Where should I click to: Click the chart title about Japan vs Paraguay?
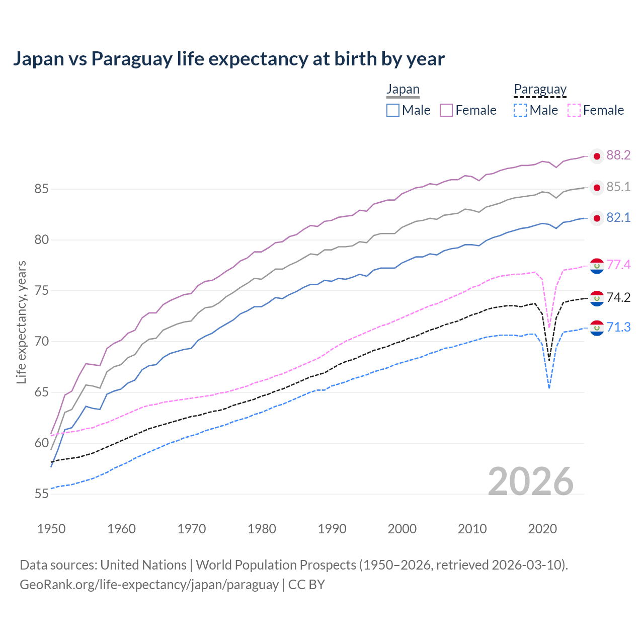[x=228, y=59]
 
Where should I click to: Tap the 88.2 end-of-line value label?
[x=618, y=155]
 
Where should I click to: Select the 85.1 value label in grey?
[x=618, y=187]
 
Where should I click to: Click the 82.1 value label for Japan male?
[x=618, y=218]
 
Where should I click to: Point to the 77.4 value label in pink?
[x=618, y=265]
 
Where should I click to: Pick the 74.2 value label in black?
[x=618, y=297]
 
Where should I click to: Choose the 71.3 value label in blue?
[x=618, y=328]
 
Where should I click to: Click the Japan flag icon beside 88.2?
[x=597, y=156]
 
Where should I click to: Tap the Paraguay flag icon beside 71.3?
[x=597, y=329]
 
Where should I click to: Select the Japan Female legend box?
[x=446, y=110]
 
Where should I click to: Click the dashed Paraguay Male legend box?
[x=520, y=110]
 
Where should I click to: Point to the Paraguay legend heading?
[x=540, y=90]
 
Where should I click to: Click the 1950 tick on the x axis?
[x=51, y=529]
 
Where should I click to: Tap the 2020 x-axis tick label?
[x=542, y=529]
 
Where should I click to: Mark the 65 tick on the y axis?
[x=41, y=392]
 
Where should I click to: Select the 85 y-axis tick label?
[x=41, y=189]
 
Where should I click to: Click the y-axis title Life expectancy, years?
[x=21, y=322]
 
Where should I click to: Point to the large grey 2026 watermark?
[x=531, y=481]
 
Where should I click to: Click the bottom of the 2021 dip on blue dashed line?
[x=549, y=387]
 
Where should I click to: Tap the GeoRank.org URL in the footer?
[x=149, y=585]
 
